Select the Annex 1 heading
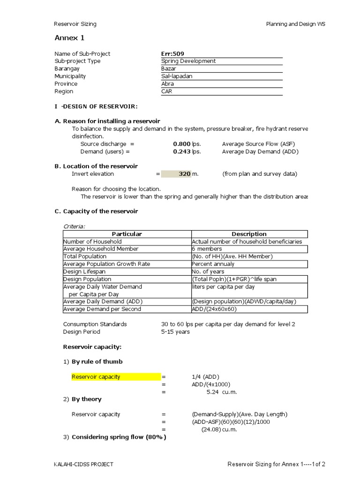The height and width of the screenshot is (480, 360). [69, 38]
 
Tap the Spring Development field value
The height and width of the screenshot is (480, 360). [188, 61]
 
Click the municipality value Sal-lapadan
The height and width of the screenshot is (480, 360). [177, 76]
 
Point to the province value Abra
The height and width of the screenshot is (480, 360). [167, 84]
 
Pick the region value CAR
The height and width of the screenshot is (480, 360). [166, 91]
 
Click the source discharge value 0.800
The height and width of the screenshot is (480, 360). [182, 144]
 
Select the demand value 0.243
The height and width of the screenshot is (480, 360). [182, 151]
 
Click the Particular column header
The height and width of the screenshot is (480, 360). [127, 234]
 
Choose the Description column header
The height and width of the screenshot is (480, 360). [249, 234]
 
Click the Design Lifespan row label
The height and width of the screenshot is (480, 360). [84, 271]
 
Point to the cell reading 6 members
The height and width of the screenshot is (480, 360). [207, 249]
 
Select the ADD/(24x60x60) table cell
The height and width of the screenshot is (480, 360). [214, 309]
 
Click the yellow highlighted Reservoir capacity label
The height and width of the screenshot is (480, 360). [96, 377]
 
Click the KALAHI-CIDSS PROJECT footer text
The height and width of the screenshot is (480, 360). [83, 465]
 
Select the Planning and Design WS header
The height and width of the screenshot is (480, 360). [295, 24]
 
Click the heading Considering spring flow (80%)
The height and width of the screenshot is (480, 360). [119, 437]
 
